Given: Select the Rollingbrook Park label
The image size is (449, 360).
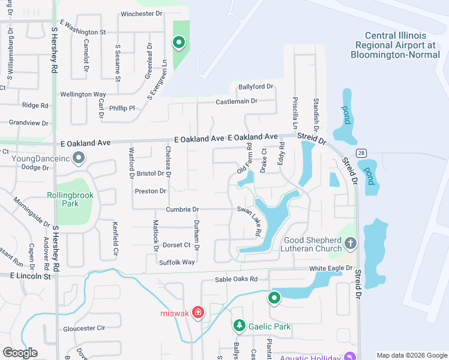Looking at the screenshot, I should coord(63,199).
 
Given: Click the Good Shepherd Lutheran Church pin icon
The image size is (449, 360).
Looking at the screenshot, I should coord(351,244).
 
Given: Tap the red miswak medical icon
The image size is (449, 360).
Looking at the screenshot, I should coord(198,313).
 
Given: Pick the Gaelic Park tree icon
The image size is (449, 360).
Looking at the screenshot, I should coord(240,326).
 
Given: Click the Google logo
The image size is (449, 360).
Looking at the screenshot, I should coord(20,353).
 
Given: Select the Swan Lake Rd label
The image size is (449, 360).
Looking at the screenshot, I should coord(250,220).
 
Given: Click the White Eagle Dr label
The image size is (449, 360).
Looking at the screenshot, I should coord(330,269).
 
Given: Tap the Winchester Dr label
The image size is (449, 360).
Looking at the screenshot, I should coord(142,14).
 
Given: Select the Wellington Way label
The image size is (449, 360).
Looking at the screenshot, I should coord(83,94).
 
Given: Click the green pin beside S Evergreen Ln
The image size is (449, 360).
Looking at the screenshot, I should coord(178,42).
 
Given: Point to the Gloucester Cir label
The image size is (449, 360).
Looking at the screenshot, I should coord(84,328).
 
